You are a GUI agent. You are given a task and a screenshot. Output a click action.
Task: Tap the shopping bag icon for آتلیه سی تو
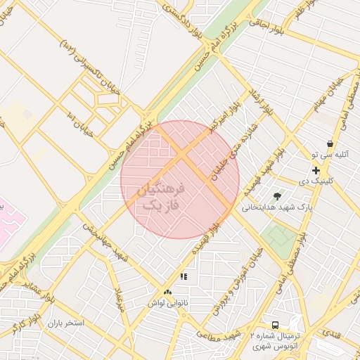330,143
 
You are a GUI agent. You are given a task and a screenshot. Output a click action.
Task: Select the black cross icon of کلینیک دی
316,170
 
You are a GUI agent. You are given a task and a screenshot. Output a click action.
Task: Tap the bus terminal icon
275,325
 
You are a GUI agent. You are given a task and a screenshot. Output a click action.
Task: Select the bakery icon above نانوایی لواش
167,292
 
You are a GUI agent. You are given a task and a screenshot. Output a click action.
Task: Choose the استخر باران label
66,323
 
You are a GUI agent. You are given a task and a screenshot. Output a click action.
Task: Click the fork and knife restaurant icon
184,277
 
